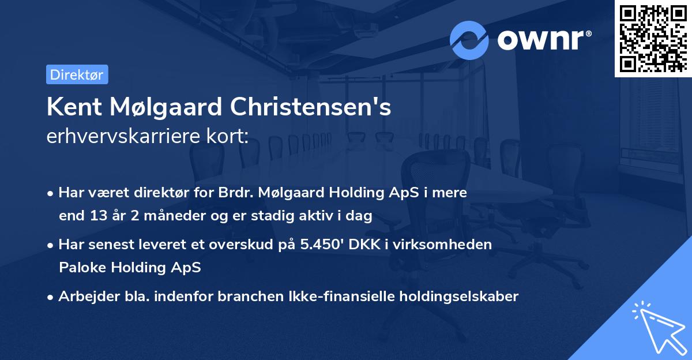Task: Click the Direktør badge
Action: tap(77, 74)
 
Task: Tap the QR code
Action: tap(653, 38)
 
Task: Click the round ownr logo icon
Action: tap(469, 40)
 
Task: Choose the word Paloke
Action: tap(81, 267)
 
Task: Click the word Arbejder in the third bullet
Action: tap(83, 296)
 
